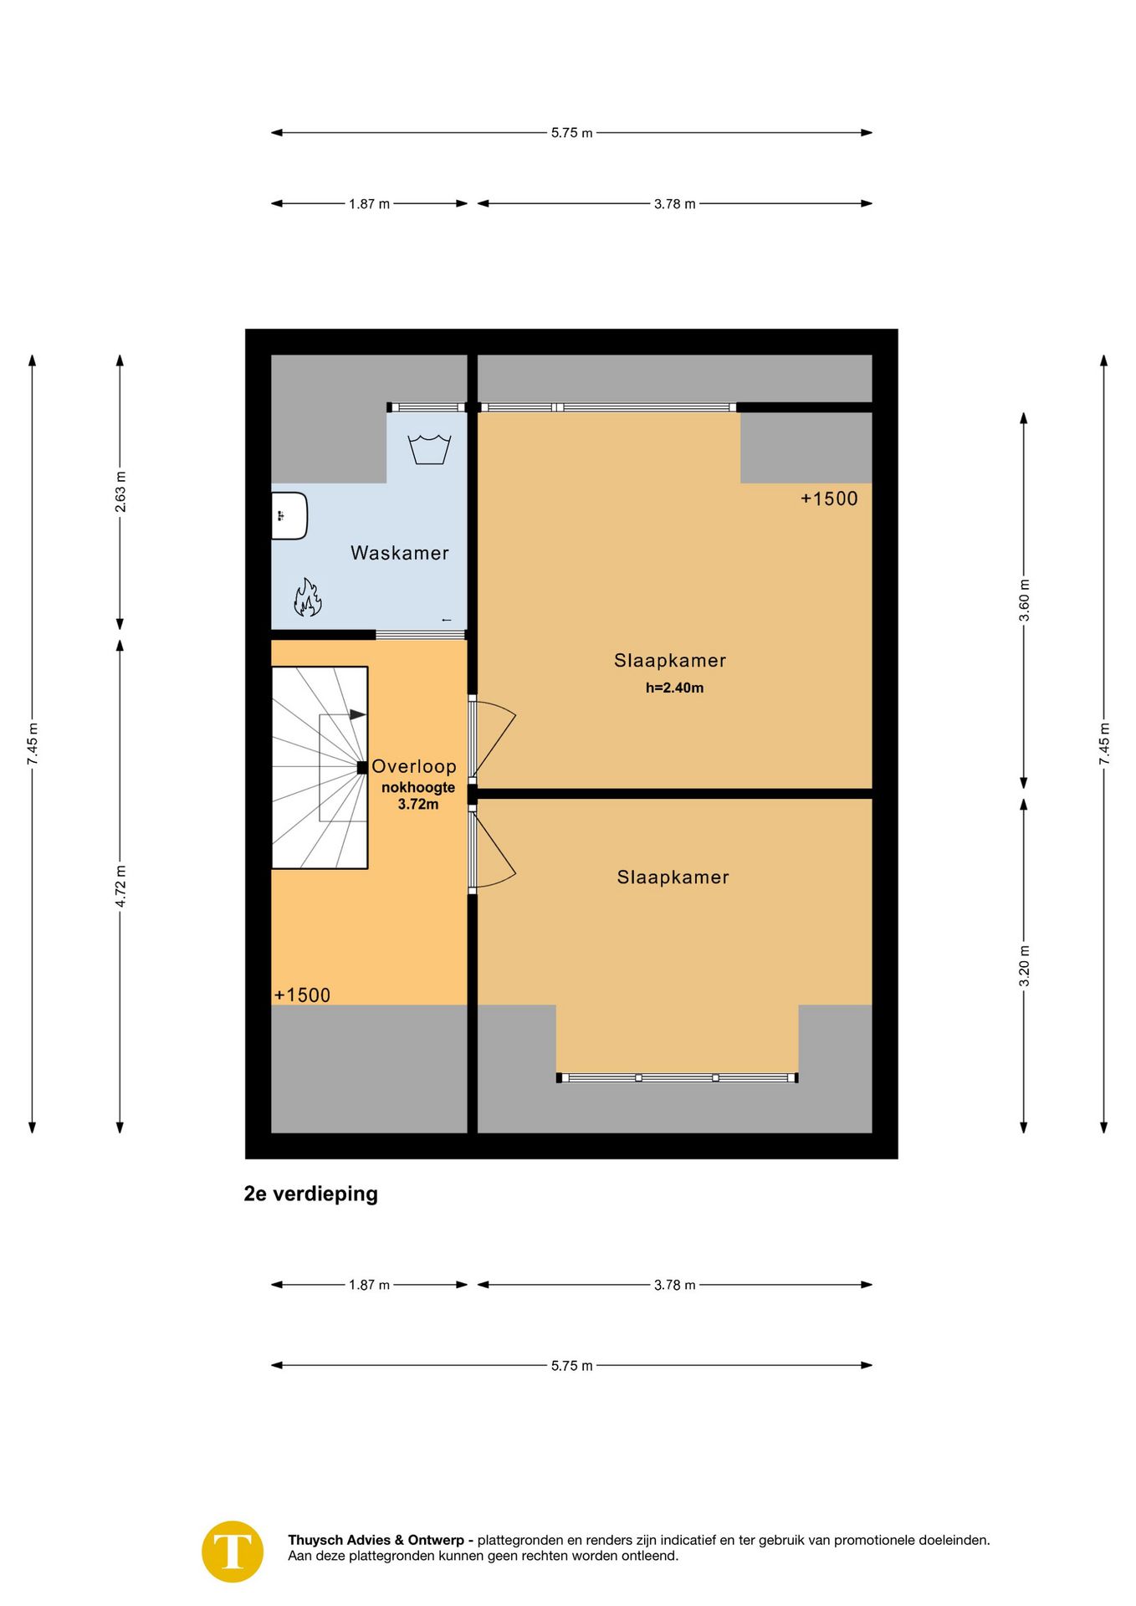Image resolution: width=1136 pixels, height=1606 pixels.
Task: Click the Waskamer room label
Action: coord(399,553)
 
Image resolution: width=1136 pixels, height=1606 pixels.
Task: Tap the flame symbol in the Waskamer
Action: coord(307,597)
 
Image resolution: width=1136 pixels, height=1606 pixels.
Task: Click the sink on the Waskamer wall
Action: coord(289,515)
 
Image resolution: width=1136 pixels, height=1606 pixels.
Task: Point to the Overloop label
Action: coord(414,766)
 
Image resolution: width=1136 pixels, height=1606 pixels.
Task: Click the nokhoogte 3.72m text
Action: coord(418,795)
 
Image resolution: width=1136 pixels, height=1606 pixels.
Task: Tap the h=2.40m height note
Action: coord(674,688)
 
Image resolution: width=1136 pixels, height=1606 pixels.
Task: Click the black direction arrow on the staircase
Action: coord(357,715)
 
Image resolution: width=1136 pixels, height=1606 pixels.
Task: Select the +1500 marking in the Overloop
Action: coord(302,995)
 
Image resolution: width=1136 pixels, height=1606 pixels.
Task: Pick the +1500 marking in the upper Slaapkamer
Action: coord(829,499)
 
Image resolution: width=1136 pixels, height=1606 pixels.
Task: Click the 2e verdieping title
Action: coord(310,1194)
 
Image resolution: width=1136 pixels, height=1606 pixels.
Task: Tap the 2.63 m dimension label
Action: coord(120,493)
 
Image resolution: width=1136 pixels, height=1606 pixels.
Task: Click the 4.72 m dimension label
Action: coord(120,887)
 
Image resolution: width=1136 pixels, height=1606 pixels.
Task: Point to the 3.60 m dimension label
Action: coord(1024,601)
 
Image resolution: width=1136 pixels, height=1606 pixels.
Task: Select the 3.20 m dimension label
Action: coord(1024,966)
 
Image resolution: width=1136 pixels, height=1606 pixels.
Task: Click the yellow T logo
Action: coord(233,1552)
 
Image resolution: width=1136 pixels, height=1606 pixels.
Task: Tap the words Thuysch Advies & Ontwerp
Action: coord(376,1540)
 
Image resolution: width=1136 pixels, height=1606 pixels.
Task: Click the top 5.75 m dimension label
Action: coord(571,133)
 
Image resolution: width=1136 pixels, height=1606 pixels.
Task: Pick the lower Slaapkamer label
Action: coord(673,877)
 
